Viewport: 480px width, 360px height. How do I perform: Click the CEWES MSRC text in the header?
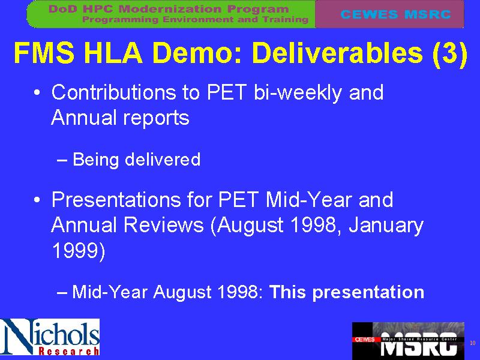[x=395, y=14]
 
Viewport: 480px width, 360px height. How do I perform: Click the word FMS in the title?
[x=44, y=53]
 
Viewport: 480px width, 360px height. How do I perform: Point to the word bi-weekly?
[x=298, y=92]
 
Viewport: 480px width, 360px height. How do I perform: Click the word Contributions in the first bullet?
[x=113, y=92]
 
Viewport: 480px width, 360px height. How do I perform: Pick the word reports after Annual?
[x=156, y=118]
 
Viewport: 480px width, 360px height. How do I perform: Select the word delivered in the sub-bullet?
[x=163, y=159]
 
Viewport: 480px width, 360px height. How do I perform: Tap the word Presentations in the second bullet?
[x=116, y=200]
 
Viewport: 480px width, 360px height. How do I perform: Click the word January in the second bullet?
[x=386, y=226]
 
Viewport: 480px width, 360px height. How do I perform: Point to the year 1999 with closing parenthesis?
[x=79, y=251]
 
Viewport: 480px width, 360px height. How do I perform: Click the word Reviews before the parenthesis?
[x=163, y=225]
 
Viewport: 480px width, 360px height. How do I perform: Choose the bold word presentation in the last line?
[x=368, y=292]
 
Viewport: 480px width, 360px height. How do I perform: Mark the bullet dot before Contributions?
[x=37, y=93]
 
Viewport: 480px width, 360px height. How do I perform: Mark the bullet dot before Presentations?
[x=37, y=200]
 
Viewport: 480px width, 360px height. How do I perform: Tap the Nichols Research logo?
[x=50, y=337]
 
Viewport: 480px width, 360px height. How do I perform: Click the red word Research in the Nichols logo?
[x=68, y=351]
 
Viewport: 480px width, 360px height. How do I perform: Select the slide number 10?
[x=473, y=343]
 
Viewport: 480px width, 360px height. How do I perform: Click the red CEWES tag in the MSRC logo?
[x=364, y=340]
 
